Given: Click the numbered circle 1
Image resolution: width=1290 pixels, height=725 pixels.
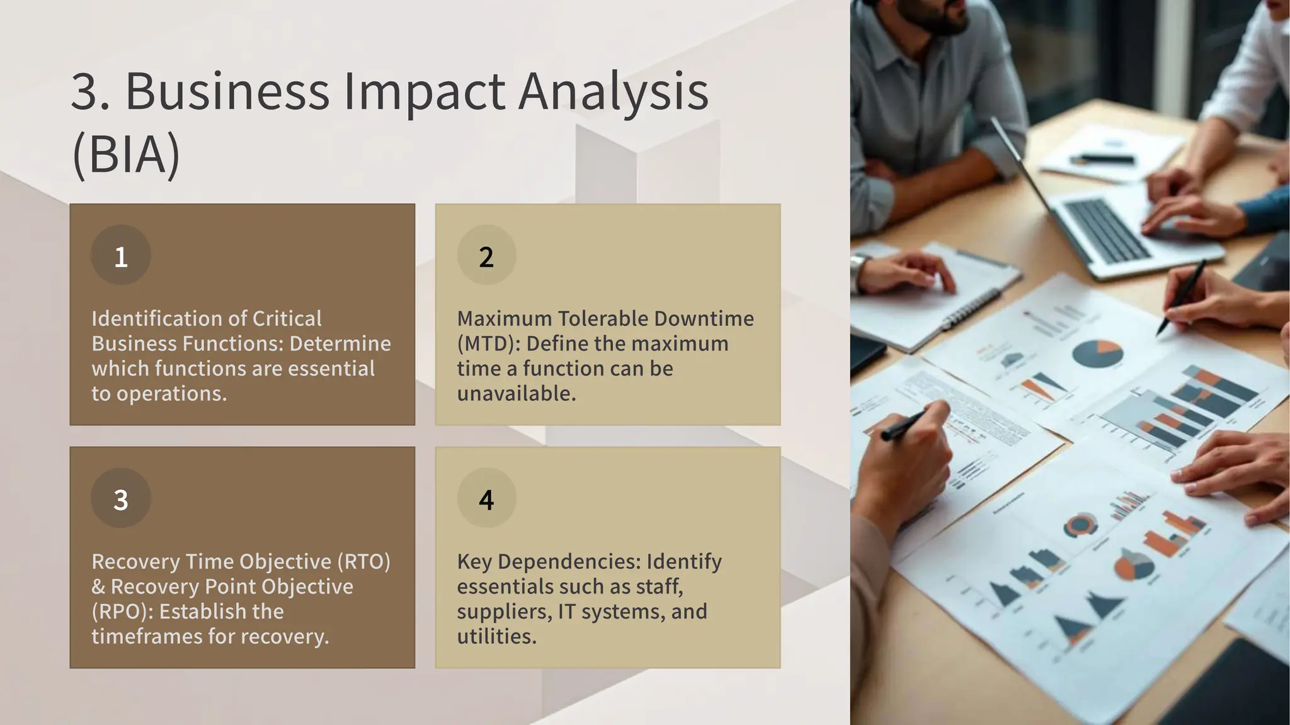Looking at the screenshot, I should pyautogui.click(x=121, y=256).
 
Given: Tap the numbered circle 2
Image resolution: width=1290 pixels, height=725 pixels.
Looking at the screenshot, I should pyautogui.click(x=486, y=256).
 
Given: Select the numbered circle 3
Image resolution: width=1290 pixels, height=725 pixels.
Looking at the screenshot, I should pyautogui.click(x=121, y=498).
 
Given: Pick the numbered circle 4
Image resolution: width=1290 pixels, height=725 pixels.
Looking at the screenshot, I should pyautogui.click(x=486, y=498).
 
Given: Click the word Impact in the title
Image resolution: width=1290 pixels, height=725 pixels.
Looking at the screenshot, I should pyautogui.click(x=423, y=92).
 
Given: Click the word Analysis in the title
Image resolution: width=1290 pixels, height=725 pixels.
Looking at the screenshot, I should pyautogui.click(x=614, y=92).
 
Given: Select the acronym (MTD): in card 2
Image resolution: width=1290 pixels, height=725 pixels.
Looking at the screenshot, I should pyautogui.click(x=489, y=344).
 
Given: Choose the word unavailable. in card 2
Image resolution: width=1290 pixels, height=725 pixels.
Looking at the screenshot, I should pyautogui.click(x=517, y=393).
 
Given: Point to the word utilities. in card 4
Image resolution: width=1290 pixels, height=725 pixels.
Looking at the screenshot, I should pyautogui.click(x=496, y=636).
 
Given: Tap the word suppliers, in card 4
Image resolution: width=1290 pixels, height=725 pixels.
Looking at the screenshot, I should pyautogui.click(x=504, y=612).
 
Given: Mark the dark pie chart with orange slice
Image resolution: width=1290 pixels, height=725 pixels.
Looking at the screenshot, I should pyautogui.click(x=1097, y=354).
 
